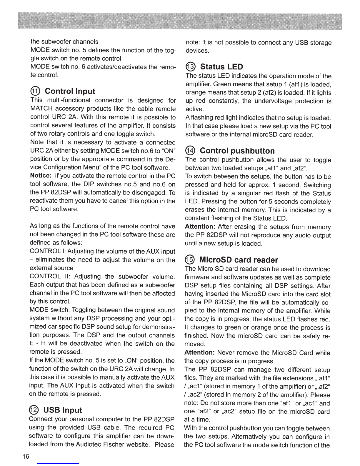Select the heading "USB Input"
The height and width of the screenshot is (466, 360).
pyautogui.click(x=63, y=410)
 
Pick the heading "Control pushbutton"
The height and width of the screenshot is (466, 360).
pyautogui.click(x=237, y=151)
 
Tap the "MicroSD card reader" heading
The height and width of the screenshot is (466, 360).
pyautogui.click(x=239, y=260)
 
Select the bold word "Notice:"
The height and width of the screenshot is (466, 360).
pyautogui.click(x=41, y=176)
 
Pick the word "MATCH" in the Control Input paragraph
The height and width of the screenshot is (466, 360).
pyautogui.click(x=41, y=109)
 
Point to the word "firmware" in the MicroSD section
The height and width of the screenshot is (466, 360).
pyautogui.click(x=195, y=277)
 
